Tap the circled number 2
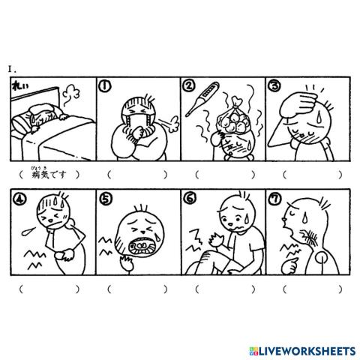[x=190, y=87]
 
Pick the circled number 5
[x=106, y=199]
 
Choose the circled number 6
[x=190, y=199]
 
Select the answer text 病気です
[x=49, y=175]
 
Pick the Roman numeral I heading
[x=11, y=68]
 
